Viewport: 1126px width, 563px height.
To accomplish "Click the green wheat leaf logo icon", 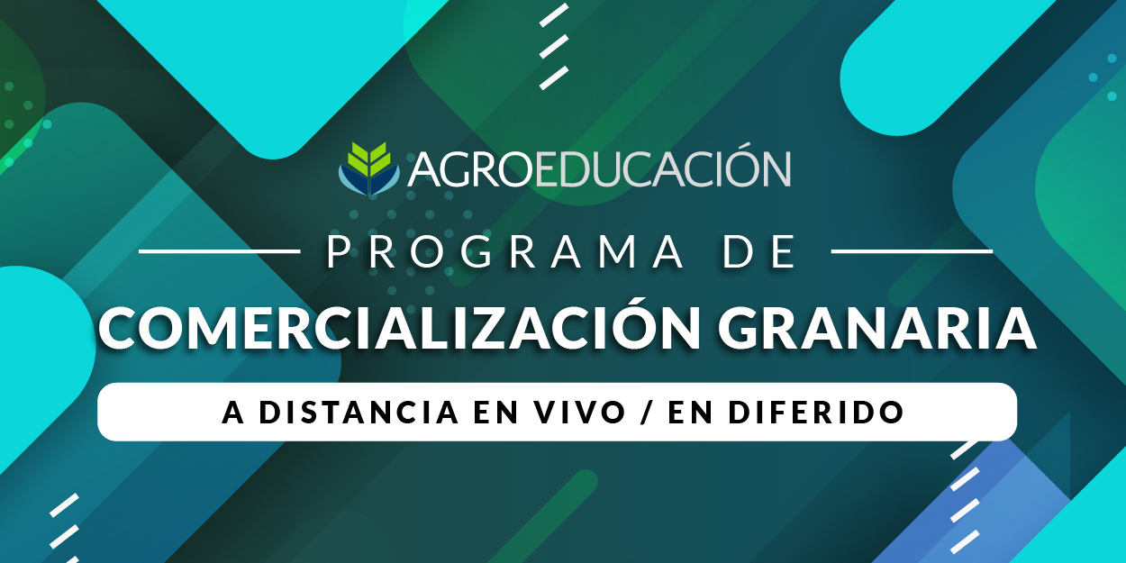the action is point(369,168).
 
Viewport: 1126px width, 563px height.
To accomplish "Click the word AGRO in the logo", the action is point(471,169).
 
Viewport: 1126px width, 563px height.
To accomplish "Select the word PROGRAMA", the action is point(505,251).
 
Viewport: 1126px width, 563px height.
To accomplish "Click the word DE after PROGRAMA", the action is point(759,251).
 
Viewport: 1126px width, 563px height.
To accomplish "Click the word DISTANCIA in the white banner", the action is point(359,413).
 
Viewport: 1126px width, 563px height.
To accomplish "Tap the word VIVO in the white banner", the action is point(579,413).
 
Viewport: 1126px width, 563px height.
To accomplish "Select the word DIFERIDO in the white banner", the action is point(817,413).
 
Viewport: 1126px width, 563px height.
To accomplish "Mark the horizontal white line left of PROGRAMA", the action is point(219,251).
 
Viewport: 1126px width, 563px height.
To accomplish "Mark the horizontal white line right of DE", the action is point(912,251).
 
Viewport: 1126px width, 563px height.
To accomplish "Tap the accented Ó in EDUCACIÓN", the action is point(731,165).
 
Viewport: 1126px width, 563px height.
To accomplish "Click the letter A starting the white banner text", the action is point(233,413).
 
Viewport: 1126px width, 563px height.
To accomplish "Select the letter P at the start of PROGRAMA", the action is point(338,252).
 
